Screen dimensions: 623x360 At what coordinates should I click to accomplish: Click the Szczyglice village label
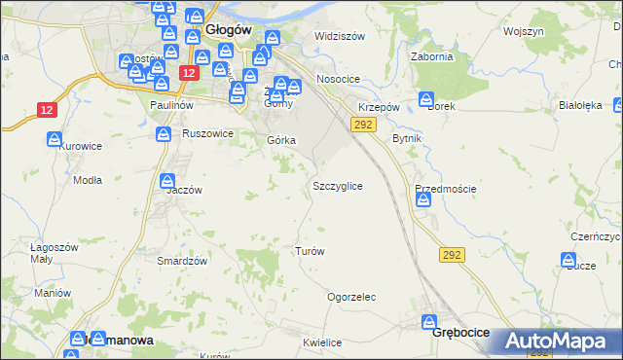pos(338,185)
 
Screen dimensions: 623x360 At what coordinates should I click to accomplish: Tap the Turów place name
pos(309,251)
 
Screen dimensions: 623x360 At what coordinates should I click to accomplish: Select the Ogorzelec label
pos(351,298)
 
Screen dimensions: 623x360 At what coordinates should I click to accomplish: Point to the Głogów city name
pos(229,30)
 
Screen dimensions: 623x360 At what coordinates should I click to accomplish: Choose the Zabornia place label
pos(433,56)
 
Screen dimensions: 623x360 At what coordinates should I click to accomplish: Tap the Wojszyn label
pos(524,31)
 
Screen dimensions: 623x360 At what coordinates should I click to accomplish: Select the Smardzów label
pos(182,261)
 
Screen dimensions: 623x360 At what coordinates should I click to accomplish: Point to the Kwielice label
pos(322,342)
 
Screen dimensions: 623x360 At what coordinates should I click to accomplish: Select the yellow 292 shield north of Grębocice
pos(452,254)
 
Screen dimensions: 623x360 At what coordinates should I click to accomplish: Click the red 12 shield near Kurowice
pos(47,110)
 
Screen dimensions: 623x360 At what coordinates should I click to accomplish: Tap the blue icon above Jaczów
pos(167,180)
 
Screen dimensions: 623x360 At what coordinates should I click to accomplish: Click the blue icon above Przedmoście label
pos(423,199)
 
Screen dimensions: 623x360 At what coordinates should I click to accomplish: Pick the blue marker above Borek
pos(425,98)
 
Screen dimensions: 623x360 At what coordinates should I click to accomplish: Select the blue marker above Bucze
pos(568,259)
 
